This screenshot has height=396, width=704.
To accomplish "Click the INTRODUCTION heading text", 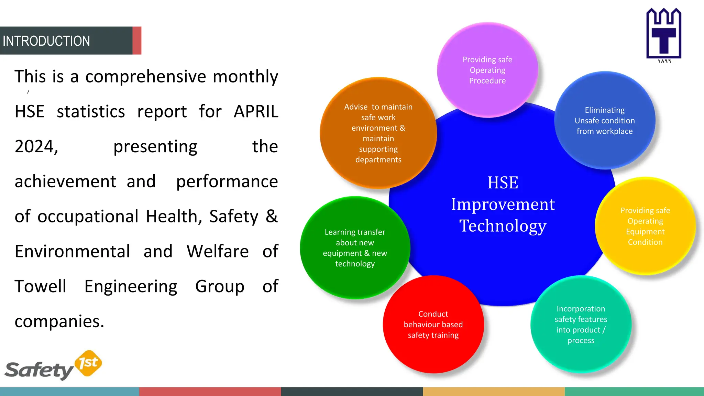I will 46,41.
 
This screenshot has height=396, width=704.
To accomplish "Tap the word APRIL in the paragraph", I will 256,112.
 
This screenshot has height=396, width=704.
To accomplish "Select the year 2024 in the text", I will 36,147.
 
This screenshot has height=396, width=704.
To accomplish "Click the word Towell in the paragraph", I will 40,286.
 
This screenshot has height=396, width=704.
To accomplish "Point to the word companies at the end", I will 59,321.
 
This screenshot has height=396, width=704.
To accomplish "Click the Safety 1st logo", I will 53,366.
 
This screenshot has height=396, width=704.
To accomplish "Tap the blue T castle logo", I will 663,34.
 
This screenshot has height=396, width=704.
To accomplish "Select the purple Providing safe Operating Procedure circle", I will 487,70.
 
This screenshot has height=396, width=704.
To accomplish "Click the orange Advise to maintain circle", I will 378,133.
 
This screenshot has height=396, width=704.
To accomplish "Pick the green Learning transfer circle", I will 355,248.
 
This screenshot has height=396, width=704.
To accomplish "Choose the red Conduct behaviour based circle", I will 433,324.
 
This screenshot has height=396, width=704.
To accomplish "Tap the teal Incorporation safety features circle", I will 581,324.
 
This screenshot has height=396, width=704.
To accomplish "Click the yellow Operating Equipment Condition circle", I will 645,226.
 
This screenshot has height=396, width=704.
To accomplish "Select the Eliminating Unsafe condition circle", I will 605,121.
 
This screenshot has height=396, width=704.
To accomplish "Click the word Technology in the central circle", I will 503,226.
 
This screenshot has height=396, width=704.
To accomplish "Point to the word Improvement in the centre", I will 503,205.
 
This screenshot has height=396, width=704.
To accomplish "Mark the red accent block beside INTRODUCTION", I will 137,41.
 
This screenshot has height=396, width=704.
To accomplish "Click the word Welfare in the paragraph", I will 218,251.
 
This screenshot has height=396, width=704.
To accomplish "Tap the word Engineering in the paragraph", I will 131,286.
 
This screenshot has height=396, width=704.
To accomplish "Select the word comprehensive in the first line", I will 146,77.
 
